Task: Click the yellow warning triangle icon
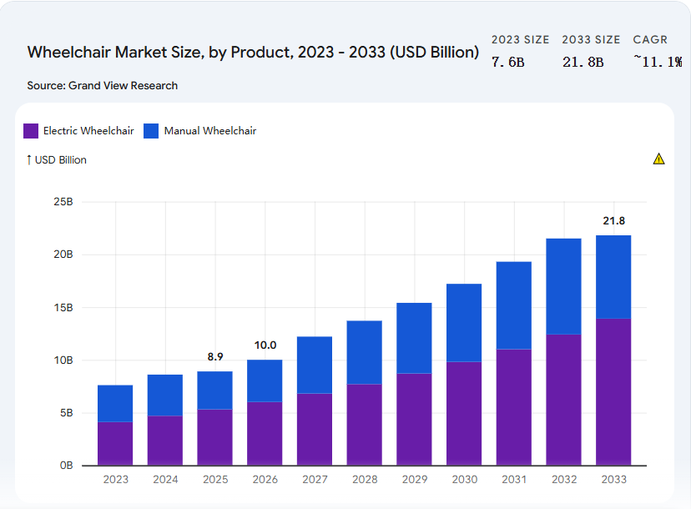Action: click(658, 159)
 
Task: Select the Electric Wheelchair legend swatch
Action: click(31, 131)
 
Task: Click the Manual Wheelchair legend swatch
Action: click(151, 131)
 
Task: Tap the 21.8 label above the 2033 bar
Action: click(613, 221)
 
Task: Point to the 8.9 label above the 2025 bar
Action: click(214, 357)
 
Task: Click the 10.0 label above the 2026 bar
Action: click(265, 345)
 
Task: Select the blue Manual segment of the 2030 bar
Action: click(464, 323)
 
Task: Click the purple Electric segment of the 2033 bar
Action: click(613, 391)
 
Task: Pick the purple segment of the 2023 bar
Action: click(115, 443)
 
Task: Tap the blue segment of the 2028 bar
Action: click(364, 352)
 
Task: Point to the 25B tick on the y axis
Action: click(64, 202)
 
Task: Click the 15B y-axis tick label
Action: click(64, 308)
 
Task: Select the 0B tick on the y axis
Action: click(66, 466)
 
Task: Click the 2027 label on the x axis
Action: click(315, 480)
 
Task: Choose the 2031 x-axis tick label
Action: click(513, 480)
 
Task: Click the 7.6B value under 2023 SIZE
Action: click(507, 62)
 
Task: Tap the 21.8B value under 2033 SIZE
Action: click(583, 62)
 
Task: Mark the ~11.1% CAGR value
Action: click(657, 62)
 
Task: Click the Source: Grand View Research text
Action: click(103, 85)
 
